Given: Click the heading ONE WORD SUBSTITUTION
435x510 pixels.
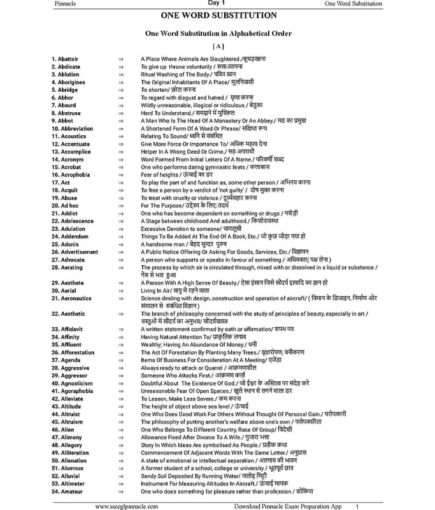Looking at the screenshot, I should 218,15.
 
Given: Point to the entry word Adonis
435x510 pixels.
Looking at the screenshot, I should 65,244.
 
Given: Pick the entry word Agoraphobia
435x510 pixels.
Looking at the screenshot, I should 74,391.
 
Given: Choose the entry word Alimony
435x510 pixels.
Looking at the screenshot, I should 67,437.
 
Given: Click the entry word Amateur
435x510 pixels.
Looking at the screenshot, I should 68,492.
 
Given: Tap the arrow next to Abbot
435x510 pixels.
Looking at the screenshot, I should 120,120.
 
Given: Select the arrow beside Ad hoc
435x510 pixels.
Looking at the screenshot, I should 120,205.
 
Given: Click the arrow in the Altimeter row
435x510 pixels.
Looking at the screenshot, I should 120,484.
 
